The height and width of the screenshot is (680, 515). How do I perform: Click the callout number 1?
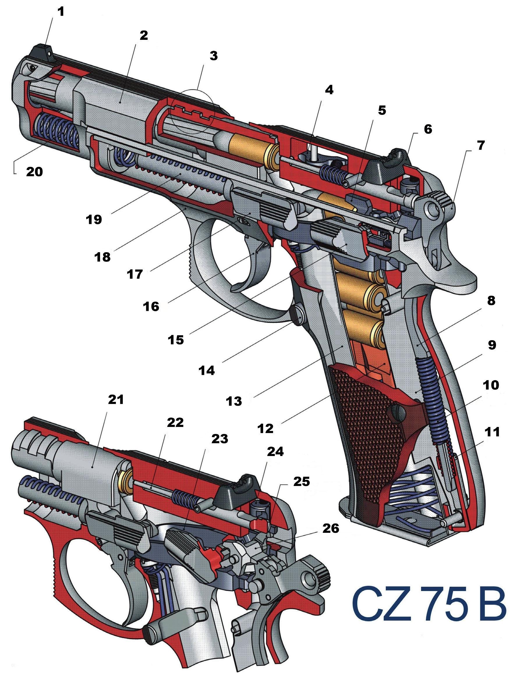coord(61,12)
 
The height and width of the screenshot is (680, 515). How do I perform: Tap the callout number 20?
coord(34,172)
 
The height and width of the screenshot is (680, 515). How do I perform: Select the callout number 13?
coord(234,401)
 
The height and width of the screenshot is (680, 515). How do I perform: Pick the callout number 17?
coord(134,273)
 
